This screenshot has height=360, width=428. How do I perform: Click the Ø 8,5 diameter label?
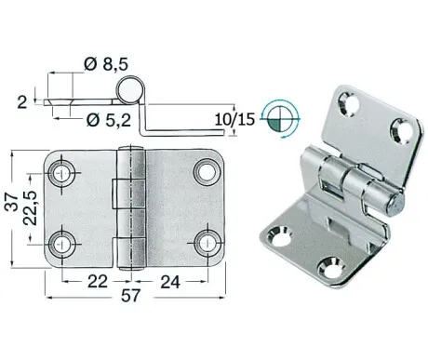click(x=106, y=64)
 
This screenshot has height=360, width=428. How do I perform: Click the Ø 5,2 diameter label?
click(x=109, y=120)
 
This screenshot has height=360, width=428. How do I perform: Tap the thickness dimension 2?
click(x=22, y=102)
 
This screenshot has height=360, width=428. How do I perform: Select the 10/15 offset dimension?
click(x=234, y=119)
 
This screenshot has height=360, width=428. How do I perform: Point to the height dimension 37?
click(x=13, y=202)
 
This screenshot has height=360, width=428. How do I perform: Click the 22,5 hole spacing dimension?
click(x=31, y=207)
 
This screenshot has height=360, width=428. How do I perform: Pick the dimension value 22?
click(x=98, y=282)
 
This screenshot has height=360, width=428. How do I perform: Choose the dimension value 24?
click(x=170, y=282)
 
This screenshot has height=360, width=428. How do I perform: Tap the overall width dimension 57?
click(x=131, y=296)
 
